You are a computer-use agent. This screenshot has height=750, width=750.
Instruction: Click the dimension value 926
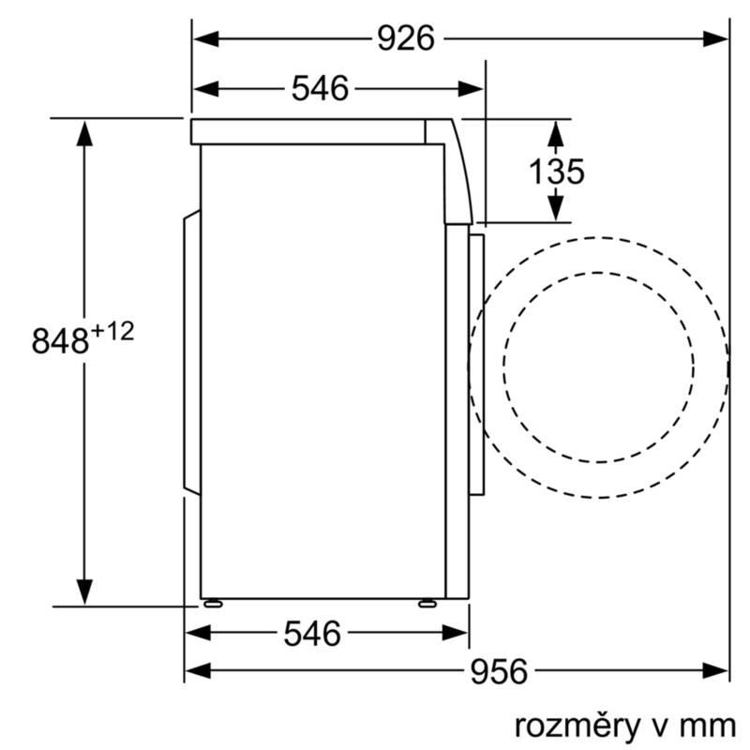pyautogui.click(x=406, y=38)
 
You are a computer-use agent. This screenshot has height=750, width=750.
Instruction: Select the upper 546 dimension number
pyautogui.click(x=320, y=88)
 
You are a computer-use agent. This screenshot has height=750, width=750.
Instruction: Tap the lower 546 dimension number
pyautogui.click(x=312, y=634)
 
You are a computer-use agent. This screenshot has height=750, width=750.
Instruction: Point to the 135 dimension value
pyautogui.click(x=557, y=172)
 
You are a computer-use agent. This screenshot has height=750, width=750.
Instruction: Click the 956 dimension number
pyautogui.click(x=499, y=671)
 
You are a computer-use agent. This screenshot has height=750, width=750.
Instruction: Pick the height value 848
pyautogui.click(x=60, y=340)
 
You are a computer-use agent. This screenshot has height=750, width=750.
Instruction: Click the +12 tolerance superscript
pyautogui.click(x=112, y=332)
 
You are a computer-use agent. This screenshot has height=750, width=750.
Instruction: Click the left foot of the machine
pyautogui.click(x=213, y=604)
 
